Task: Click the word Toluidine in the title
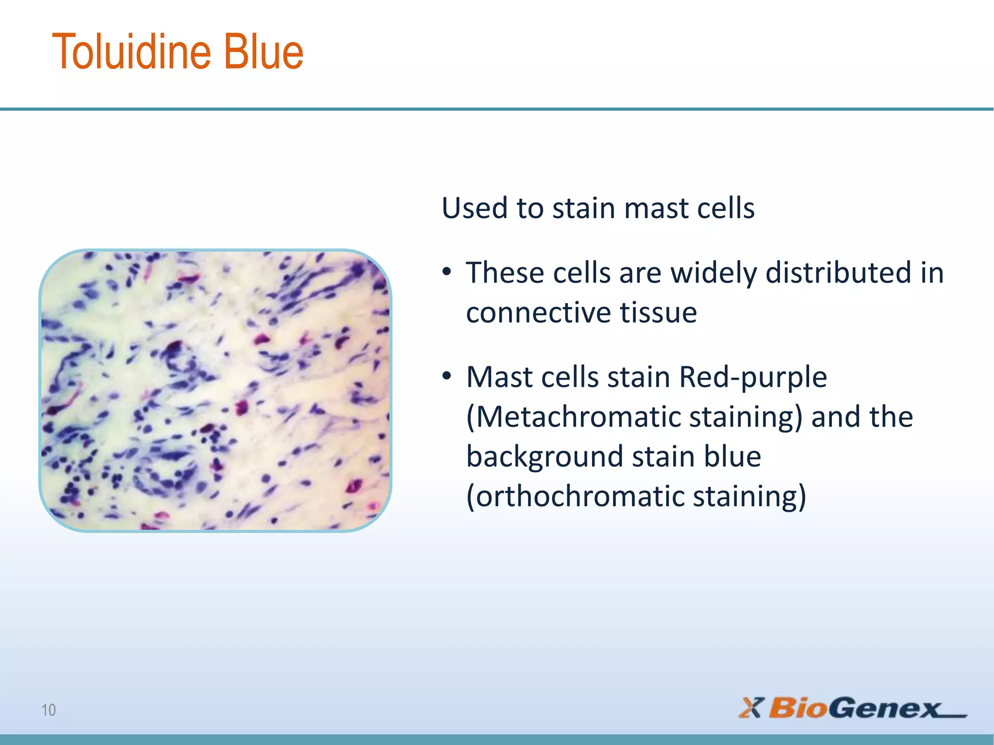131,52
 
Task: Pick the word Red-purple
753,377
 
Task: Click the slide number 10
49,710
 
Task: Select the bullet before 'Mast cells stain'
447,376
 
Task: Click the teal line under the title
497,109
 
